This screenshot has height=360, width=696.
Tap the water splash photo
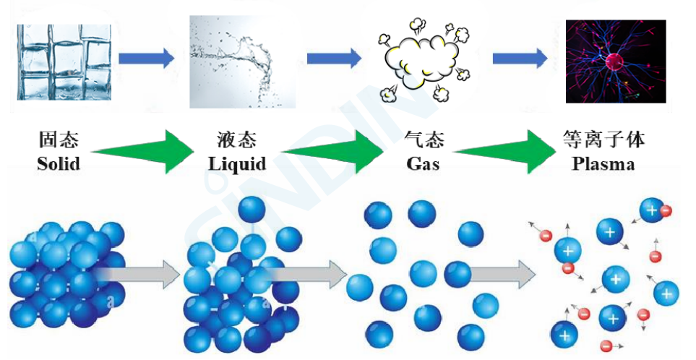tap(241, 61)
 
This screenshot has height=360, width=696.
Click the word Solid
tap(59, 164)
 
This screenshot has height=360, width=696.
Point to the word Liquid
tap(237, 164)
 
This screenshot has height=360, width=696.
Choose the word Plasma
tap(603, 164)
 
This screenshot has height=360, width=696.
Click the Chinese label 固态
tap(59, 140)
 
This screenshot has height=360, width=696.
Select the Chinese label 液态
tap(236, 140)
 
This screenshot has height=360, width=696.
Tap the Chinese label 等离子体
tap(603, 140)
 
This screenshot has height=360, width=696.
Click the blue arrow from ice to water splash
tap(146, 58)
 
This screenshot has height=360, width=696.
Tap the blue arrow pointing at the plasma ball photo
tap(520, 58)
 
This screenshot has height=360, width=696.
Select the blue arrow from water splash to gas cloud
tap(332, 58)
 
